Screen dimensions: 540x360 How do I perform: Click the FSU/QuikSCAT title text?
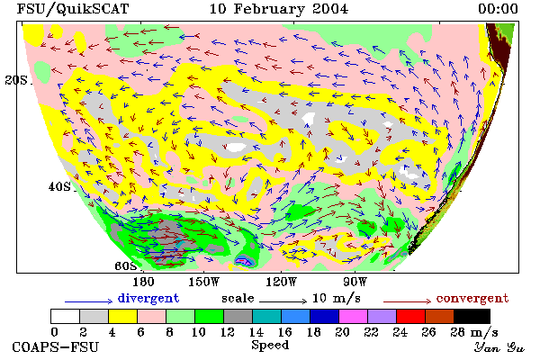73,9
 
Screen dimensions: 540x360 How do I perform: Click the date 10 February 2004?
279,9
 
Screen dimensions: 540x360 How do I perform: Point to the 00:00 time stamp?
498,9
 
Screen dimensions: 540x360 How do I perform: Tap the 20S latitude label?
16,80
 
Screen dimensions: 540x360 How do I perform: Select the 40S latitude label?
59,186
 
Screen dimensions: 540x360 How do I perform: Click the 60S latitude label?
126,266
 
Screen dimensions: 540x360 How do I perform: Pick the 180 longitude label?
143,282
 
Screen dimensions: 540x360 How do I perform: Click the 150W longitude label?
204,282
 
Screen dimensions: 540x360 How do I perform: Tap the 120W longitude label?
282,282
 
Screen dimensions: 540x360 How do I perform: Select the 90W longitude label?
355,282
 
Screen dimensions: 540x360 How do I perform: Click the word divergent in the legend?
148,298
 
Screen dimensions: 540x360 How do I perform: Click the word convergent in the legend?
472,298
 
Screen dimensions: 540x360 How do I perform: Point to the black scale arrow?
283,301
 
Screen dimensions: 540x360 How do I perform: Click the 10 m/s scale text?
336,298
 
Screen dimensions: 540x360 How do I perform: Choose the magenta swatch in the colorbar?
353,316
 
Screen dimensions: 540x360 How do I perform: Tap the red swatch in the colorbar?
410,316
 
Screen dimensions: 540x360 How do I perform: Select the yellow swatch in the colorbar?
122,316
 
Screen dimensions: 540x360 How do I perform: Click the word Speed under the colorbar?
270,346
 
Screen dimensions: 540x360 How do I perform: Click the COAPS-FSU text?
56,346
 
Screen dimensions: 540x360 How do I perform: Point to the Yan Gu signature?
499,347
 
